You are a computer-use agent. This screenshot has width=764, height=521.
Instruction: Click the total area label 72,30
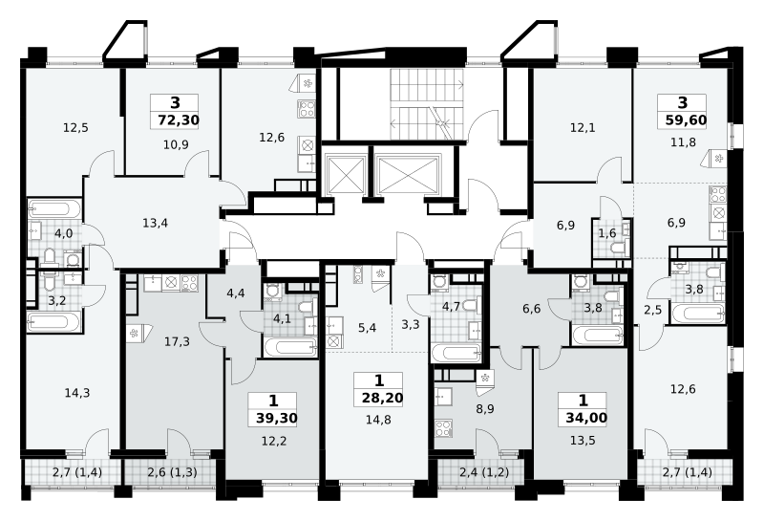tap(179, 119)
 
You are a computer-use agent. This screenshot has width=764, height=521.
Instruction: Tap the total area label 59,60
tap(686, 119)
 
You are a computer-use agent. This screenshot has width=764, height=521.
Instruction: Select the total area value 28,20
tap(383, 398)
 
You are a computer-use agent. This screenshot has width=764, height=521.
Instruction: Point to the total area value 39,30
tap(276, 418)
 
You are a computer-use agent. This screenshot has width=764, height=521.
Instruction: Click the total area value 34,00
tap(586, 418)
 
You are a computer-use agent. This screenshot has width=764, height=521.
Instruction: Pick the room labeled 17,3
tap(177, 341)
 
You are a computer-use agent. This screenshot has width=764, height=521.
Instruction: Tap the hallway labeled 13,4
tap(156, 223)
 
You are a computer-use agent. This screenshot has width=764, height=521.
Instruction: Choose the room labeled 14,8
tap(378, 419)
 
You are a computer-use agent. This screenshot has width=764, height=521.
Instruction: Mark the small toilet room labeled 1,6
tap(607, 233)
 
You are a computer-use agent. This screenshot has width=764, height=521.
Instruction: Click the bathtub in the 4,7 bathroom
tap(456, 353)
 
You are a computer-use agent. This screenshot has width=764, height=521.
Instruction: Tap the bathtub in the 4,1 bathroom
tap(291, 347)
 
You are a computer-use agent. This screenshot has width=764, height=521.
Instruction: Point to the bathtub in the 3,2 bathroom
tap(54, 322)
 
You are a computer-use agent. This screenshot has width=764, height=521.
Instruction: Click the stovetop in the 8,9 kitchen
tap(443, 428)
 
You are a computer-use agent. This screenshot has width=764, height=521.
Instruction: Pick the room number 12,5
tap(75, 128)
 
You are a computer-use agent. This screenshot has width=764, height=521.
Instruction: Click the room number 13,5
tap(583, 441)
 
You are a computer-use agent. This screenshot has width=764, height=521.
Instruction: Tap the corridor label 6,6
tap(531, 309)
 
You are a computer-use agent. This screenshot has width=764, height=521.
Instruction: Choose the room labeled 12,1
tap(583, 128)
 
